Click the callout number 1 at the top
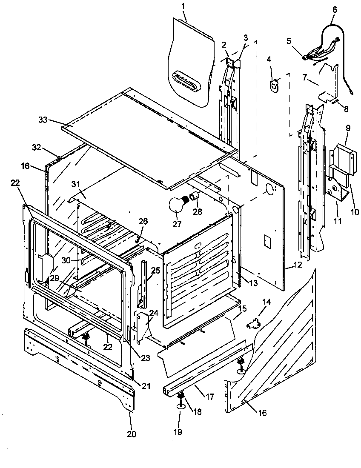pyautogui.click(x=183, y=7)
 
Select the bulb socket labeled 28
pyautogui.click(x=195, y=196)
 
